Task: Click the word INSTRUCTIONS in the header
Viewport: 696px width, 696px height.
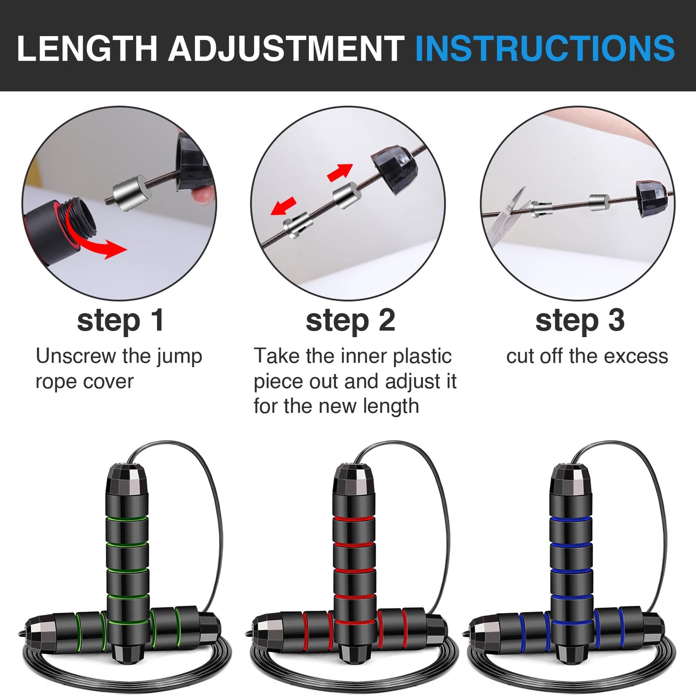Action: (544, 48)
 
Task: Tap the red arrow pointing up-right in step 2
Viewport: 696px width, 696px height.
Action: (340, 172)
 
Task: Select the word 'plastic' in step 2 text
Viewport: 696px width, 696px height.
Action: (422, 356)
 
